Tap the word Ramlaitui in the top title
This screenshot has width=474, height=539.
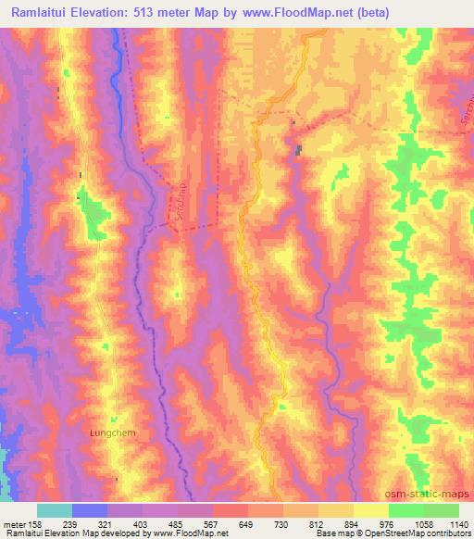click(39, 12)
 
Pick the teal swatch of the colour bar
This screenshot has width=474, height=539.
click(54, 510)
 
